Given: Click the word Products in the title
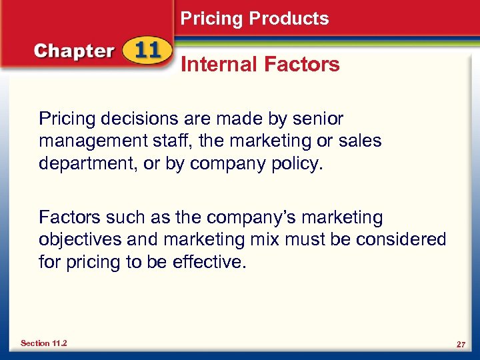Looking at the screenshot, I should click(x=290, y=19).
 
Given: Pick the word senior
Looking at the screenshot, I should click(x=319, y=119).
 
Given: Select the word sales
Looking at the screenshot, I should click(x=360, y=141).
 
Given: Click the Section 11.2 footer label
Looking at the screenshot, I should click(x=43, y=343).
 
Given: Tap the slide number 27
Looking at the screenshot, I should click(x=460, y=344).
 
